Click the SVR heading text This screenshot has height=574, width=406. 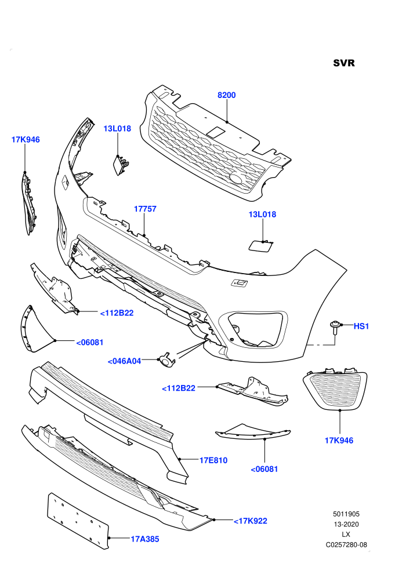[x=344, y=63]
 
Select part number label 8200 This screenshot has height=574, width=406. [x=227, y=95]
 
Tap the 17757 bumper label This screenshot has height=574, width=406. [x=145, y=209]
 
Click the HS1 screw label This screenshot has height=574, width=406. [x=361, y=326]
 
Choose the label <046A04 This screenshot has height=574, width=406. [x=125, y=361]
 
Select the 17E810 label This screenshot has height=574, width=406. [x=213, y=460]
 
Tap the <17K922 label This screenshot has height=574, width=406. [x=251, y=521]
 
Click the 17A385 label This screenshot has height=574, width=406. [x=145, y=539]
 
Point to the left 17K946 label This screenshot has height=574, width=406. [x=26, y=140]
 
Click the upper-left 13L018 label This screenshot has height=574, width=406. [x=117, y=129]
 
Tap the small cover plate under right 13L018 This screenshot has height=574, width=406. [x=260, y=245]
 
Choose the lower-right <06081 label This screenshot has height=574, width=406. [x=264, y=469]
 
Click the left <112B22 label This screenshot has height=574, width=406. [x=117, y=313]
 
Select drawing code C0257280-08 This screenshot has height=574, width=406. [x=346, y=545]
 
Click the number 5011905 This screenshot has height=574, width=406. [x=346, y=514]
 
